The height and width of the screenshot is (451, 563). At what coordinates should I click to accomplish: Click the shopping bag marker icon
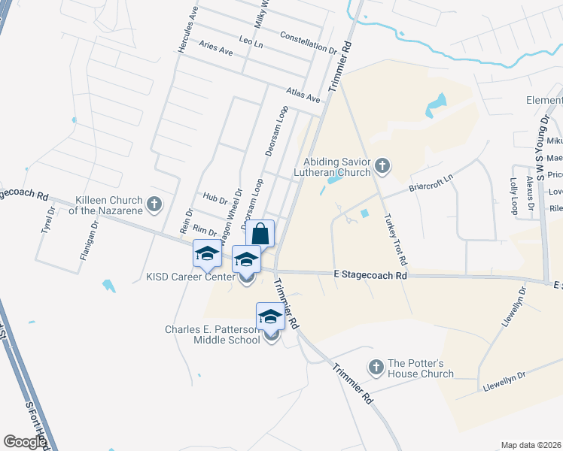pos(260,233)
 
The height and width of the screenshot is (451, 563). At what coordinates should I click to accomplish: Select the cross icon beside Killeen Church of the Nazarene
pos(154,203)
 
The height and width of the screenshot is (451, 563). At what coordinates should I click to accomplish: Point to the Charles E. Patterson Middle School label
pos(214,334)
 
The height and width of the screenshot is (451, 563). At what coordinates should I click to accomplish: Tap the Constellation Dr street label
pos(307,43)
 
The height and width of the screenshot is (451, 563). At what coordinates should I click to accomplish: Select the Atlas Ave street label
pos(303,94)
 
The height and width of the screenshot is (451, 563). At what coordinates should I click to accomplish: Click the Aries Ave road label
pos(216,47)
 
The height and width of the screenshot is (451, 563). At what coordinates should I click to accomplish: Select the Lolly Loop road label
pos(514,195)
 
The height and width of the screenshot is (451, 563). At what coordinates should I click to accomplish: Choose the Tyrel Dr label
pos(49,222)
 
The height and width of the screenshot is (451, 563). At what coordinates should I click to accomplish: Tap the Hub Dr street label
pos(215,199)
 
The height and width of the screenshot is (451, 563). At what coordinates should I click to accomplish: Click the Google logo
pos(24,441)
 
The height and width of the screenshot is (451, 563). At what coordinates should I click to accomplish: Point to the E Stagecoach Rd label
pos(370,276)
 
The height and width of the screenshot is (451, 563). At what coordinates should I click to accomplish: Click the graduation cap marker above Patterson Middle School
pos(269,316)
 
